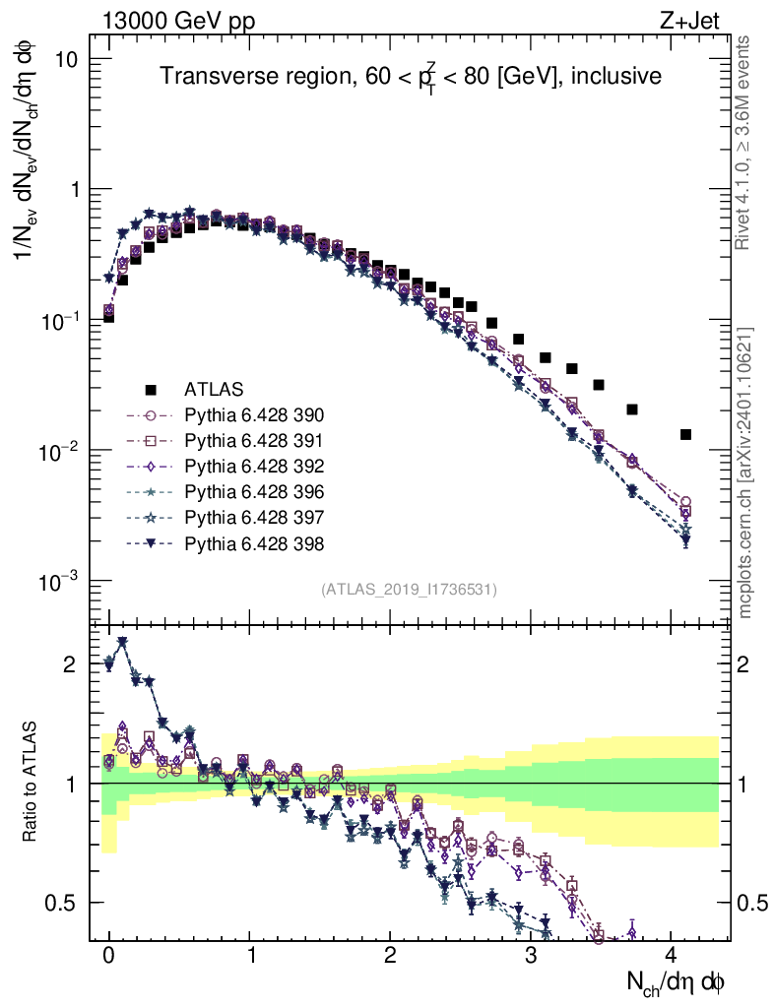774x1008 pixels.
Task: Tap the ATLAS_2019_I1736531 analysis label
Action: (x=409, y=589)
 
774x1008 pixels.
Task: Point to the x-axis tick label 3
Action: (x=531, y=956)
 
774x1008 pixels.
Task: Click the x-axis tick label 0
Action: (x=108, y=956)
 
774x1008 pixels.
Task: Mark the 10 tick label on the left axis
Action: (x=66, y=59)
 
